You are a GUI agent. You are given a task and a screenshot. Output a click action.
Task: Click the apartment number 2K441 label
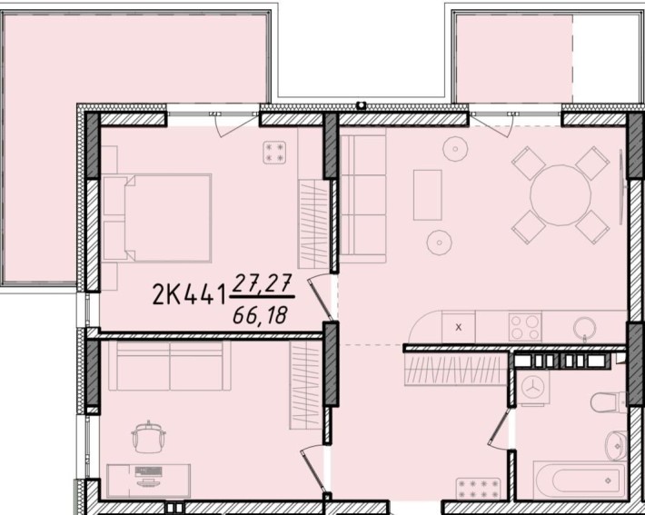tap(189, 294)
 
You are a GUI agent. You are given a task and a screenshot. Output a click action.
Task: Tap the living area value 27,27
tap(262, 283)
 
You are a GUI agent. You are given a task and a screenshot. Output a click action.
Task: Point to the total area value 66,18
tap(260, 316)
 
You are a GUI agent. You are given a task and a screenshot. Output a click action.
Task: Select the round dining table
tap(561, 195)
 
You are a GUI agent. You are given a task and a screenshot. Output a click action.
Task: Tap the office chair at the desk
tap(148, 437)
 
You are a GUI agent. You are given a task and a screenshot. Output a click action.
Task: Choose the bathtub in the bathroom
tap(580, 480)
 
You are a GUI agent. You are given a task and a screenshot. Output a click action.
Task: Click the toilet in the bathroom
tap(609, 402)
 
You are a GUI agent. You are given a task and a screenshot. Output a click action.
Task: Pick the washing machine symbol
tap(533, 388)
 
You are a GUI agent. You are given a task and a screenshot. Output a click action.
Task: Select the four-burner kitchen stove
tap(525, 327)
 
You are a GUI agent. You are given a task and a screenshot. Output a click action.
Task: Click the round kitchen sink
tap(584, 328)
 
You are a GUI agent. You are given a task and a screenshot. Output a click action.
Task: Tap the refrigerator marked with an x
tap(459, 327)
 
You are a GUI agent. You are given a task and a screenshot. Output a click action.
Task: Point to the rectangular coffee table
tap(427, 195)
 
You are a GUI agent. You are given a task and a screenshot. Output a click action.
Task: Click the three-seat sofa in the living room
tap(362, 195)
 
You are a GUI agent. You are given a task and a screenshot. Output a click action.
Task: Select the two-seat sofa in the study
tap(170, 366)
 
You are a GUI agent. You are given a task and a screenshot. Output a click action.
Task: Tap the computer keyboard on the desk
tap(148, 470)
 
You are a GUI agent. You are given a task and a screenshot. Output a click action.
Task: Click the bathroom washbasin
tap(616, 446)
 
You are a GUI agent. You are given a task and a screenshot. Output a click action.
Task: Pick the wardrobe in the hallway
tap(455, 370)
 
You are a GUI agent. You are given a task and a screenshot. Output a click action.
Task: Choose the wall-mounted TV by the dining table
tap(622, 187)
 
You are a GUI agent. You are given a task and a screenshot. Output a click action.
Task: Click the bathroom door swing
tap(499, 428)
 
